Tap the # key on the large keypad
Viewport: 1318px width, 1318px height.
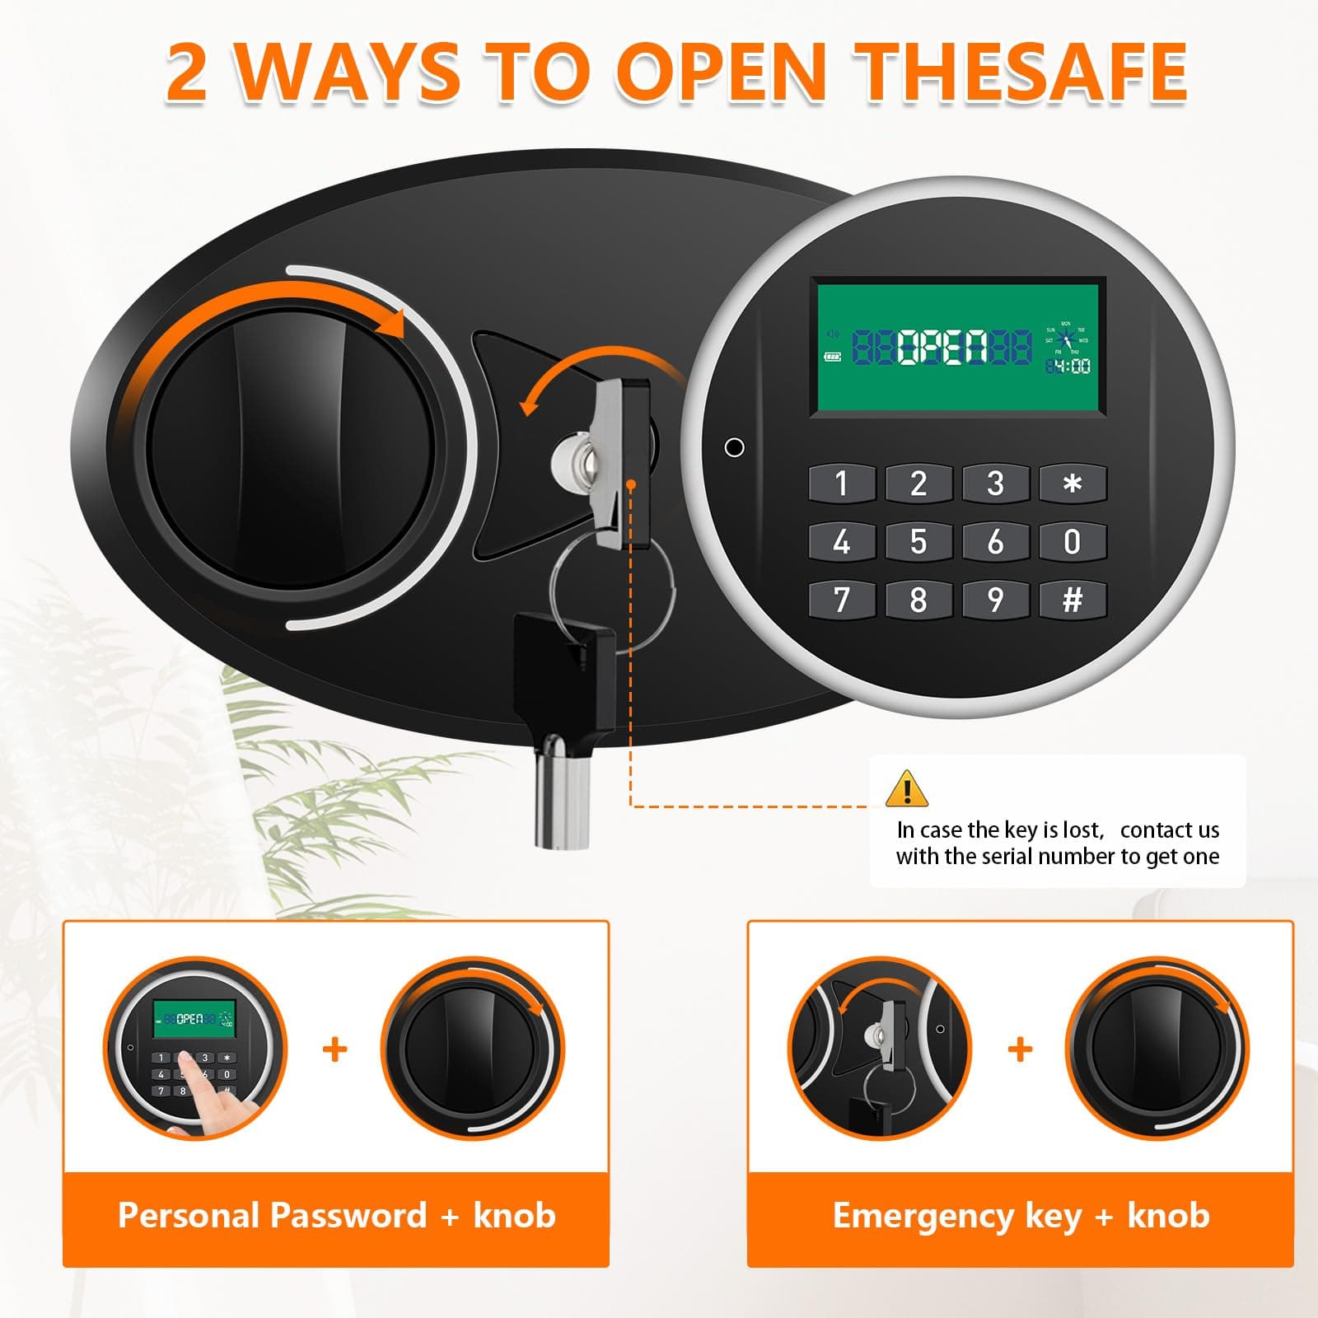coord(1072,600)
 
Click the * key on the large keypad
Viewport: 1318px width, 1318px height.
coord(1072,484)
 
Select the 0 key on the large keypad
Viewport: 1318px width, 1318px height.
coord(1072,541)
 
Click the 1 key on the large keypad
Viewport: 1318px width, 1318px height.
coord(841,484)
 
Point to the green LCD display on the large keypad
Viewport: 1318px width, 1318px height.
coord(957,347)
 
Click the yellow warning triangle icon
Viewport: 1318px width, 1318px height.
coord(906,788)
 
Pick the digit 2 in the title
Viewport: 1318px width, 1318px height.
coord(186,72)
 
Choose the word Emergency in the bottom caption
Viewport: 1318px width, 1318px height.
coord(923,1216)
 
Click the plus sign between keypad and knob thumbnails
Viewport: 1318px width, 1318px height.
coord(334,1049)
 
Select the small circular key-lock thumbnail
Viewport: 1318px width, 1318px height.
coord(879,1049)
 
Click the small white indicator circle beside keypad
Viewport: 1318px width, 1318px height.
coord(734,447)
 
